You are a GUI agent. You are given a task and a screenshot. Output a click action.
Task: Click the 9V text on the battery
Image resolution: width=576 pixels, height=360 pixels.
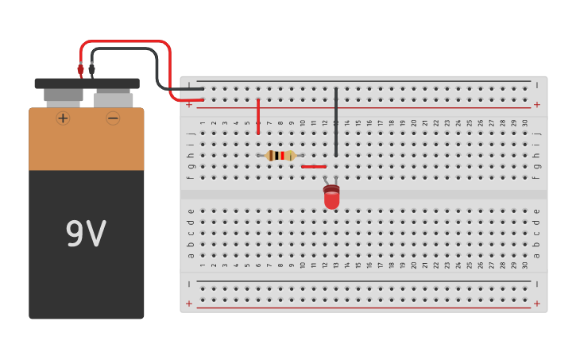86,234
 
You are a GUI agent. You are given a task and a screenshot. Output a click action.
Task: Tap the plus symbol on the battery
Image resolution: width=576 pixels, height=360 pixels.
63,118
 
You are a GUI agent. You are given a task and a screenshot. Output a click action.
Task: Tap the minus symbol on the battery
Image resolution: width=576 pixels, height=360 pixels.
113,118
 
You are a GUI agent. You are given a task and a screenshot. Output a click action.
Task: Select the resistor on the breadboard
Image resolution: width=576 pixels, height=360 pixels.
280,156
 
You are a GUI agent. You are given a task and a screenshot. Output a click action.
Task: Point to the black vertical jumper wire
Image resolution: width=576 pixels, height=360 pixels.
336,123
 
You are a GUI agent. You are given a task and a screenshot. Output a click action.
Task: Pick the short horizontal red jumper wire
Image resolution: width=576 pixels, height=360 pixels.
314,166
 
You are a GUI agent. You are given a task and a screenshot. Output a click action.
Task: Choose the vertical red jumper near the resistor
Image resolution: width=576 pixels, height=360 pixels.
258,116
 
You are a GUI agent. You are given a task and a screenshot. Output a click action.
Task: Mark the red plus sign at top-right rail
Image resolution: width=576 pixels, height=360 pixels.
537,104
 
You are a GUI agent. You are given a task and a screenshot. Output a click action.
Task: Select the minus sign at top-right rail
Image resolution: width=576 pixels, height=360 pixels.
537,84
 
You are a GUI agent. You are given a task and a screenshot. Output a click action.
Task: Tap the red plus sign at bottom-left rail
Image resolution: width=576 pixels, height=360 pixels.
189,304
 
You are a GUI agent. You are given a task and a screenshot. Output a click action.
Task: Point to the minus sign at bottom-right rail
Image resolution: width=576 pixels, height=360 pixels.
537,284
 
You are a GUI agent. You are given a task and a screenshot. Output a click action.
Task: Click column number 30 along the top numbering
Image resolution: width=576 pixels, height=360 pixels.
525,122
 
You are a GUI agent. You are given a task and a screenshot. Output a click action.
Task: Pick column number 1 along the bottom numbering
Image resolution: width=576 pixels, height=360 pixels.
203,265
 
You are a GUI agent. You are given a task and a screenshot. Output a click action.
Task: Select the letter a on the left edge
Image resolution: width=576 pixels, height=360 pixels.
190,255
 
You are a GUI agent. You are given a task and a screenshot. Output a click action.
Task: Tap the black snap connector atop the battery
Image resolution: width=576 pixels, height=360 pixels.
87,83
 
